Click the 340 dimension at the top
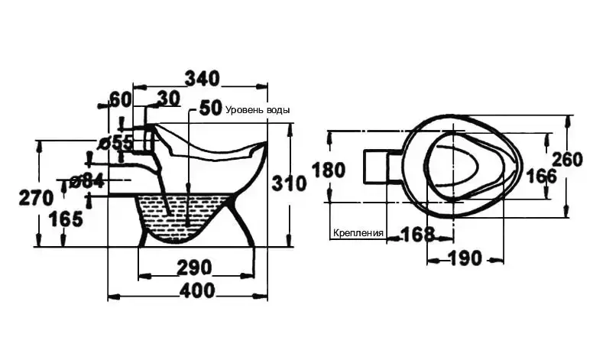202,79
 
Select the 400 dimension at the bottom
196,290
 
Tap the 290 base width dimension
194,268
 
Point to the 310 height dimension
289,183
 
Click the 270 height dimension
36,198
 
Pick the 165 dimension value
66,219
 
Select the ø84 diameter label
86,182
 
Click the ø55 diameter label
115,144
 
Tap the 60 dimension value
120,99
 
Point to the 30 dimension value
168,99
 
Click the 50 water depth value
210,108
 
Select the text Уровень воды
258,110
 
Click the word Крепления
358,232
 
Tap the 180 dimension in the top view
329,170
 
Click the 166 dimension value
542,177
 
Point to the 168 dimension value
417,235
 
